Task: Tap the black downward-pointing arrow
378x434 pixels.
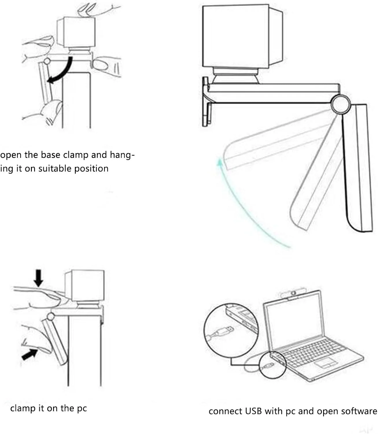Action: [x=38, y=278]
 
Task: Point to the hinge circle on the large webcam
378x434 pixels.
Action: [x=340, y=104]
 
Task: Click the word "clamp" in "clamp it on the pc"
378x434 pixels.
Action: [x=23, y=409]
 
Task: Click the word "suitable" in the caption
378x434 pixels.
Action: [x=55, y=169]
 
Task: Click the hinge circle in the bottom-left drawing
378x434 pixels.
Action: [x=51, y=317]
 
